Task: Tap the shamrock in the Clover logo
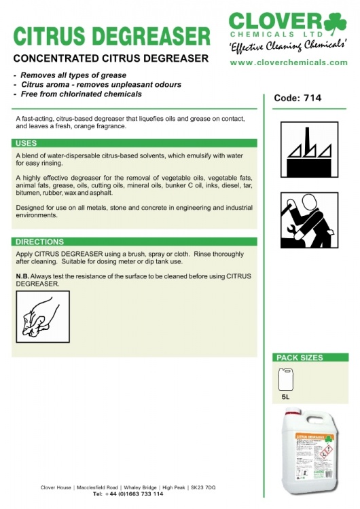point(334,24)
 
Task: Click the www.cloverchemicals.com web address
point(289,62)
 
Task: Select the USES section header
point(26,143)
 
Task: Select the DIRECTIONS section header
point(39,242)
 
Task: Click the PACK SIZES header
point(299,358)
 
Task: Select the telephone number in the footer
point(128,494)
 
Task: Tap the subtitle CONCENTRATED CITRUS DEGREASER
point(111,58)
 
